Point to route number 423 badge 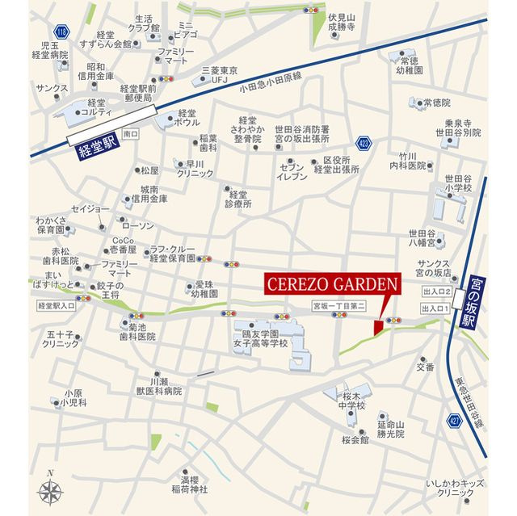coord(364,143)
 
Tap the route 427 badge coord(454,420)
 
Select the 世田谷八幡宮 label coord(445,235)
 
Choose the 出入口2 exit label coord(435,292)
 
